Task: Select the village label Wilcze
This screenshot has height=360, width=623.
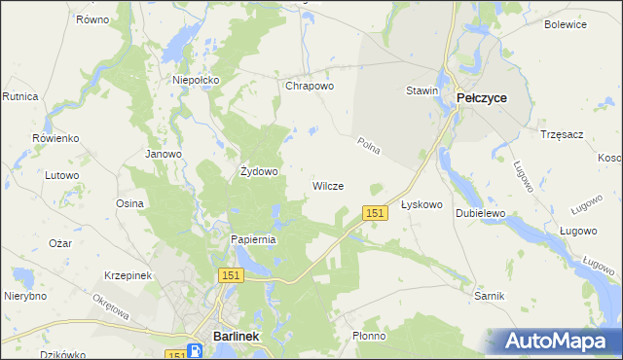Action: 328,186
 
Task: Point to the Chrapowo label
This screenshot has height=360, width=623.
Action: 310,86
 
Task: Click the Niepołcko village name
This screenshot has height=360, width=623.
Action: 197,80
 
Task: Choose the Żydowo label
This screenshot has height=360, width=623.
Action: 260,171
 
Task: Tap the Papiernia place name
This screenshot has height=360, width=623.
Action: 254,239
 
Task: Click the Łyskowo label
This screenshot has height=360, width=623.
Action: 422,205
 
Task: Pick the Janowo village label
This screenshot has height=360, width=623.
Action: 164,154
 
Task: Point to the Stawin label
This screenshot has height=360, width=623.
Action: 422,90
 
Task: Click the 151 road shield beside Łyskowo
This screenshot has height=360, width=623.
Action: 376,212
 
